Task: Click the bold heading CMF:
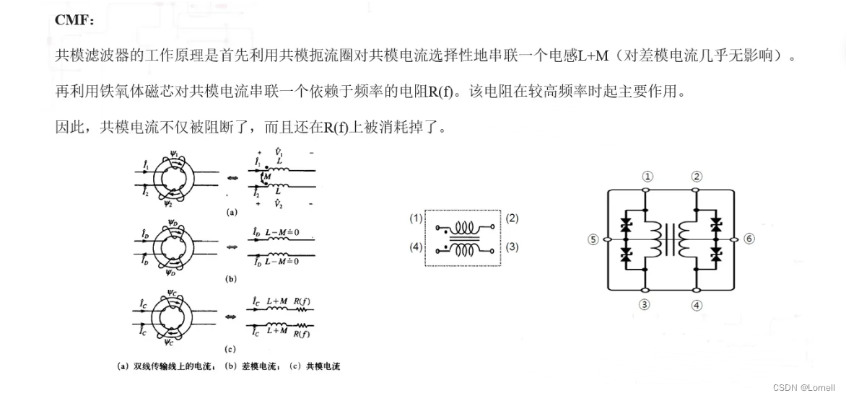tap(74, 19)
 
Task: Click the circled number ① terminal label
tap(647, 176)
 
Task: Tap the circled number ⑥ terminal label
tap(749, 239)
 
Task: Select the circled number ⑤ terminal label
tap(593, 239)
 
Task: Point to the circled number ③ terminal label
tap(645, 304)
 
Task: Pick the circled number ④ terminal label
tap(696, 305)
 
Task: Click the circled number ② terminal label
tap(696, 176)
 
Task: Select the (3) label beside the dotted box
tap(513, 247)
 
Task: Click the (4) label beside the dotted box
tap(416, 247)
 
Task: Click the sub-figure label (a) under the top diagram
tap(231, 213)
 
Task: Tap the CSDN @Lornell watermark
tap(803, 387)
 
